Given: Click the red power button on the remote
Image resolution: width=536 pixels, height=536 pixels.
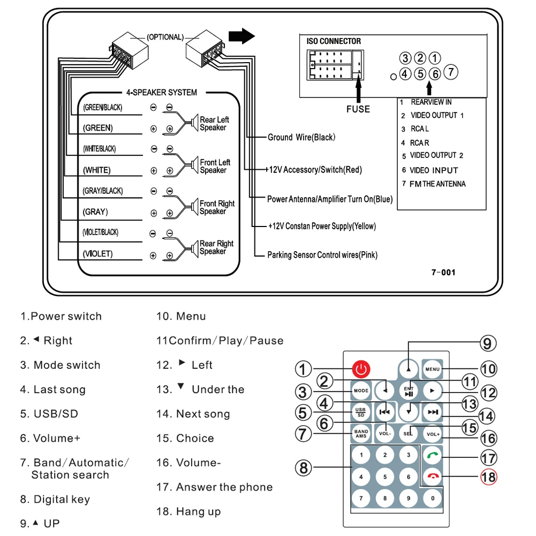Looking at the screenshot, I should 361,369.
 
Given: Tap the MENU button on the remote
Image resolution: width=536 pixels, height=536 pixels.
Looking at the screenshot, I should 432,369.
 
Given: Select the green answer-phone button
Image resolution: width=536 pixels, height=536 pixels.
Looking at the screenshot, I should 432,456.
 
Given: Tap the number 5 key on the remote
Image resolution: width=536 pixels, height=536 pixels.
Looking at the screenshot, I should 385,477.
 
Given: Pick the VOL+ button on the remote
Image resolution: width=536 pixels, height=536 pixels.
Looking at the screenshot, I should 432,433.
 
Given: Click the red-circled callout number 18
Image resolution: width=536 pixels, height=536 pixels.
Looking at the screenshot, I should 488,477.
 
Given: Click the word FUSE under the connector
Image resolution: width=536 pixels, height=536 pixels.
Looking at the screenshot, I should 358,109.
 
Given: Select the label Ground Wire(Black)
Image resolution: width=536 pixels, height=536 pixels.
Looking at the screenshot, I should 301,138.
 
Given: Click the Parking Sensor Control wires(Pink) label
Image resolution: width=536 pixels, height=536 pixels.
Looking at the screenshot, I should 322,255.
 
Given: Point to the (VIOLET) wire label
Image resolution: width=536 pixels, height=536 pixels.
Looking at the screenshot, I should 97,254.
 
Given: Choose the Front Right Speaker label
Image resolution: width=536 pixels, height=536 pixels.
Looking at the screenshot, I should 217,207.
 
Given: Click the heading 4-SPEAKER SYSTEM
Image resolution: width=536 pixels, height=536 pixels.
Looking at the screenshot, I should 161,93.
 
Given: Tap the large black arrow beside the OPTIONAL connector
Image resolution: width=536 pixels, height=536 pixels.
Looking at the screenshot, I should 241,36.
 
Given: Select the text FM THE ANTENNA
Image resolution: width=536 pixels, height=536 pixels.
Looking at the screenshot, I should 437,184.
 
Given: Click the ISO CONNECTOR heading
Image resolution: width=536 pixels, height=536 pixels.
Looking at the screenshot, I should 334,41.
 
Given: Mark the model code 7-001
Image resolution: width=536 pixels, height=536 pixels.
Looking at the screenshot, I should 443,273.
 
